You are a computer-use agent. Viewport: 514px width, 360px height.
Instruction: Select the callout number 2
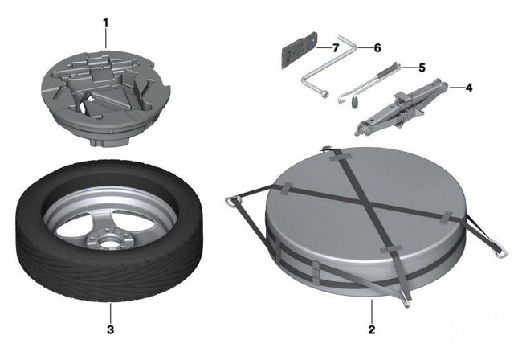(x=372, y=329)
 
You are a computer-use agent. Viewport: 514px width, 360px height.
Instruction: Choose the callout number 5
(x=421, y=67)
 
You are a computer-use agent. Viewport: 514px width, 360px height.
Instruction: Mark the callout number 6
(x=376, y=48)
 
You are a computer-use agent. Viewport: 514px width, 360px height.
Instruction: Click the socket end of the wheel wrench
(x=324, y=95)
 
